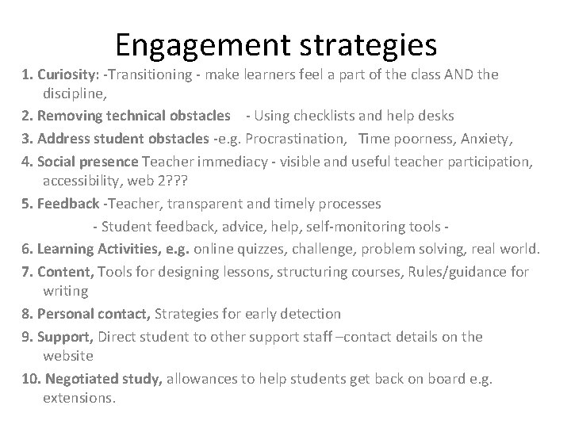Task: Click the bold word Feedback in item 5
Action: pyautogui.click(x=60, y=204)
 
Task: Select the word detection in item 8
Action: pyautogui.click(x=309, y=314)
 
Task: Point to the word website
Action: pyautogui.click(x=68, y=356)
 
